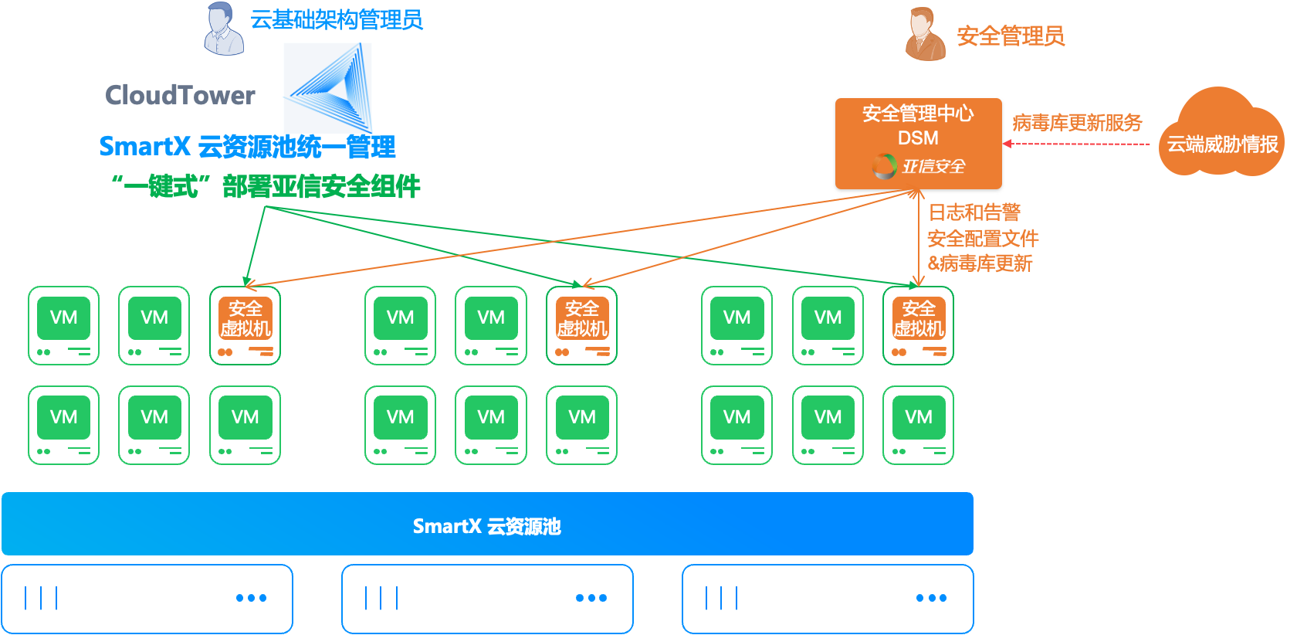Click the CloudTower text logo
(180, 95)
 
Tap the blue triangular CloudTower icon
(328, 87)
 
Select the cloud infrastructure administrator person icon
(223, 29)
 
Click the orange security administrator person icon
(924, 34)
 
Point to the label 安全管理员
(1011, 36)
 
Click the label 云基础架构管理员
(337, 20)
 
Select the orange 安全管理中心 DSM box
(918, 144)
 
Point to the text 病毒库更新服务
(1077, 123)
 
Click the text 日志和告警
(974, 212)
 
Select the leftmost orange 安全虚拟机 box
(245, 325)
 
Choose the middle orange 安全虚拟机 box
(581, 325)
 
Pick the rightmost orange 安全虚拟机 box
(918, 325)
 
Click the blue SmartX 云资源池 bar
(487, 525)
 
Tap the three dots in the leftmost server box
(251, 598)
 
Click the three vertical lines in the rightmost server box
(722, 598)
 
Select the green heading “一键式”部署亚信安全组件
(266, 186)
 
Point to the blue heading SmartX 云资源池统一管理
(247, 146)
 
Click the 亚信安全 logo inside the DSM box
(919, 166)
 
